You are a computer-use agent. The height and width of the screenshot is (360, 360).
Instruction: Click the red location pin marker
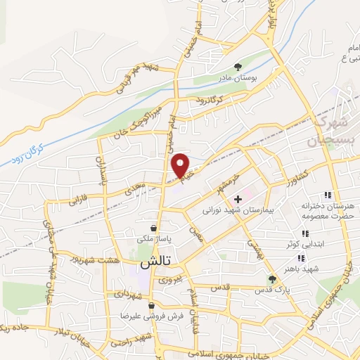point(181,165)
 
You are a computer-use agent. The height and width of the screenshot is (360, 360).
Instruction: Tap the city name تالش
point(146,264)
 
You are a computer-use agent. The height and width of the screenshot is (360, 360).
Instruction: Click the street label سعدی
point(134,186)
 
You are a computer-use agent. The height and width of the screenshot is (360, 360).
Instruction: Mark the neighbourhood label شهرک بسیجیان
point(329,131)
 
